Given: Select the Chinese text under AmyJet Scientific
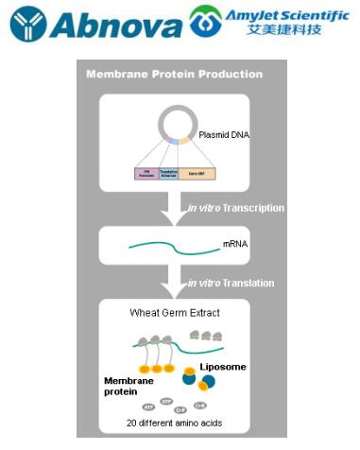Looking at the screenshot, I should tap(284, 31).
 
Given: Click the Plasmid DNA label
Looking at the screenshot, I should tap(227, 133).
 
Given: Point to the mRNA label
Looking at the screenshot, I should tap(235, 243).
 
